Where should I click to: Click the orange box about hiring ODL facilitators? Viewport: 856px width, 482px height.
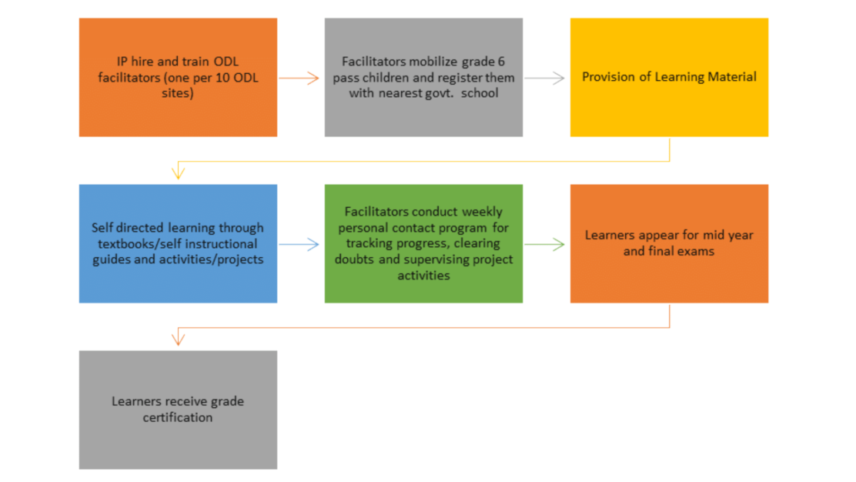(x=178, y=78)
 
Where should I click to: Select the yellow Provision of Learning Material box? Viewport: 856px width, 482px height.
(x=669, y=78)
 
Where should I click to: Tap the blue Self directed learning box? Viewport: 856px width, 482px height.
(x=178, y=243)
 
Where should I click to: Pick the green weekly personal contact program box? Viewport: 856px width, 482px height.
(x=423, y=243)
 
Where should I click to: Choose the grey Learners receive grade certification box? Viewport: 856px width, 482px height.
(x=178, y=410)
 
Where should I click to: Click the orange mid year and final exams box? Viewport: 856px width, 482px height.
(x=669, y=243)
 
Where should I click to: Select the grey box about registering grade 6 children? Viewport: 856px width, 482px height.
(x=423, y=78)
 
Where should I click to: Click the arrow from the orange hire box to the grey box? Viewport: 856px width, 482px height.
(x=299, y=78)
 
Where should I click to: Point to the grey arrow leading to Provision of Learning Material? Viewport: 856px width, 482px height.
(x=545, y=78)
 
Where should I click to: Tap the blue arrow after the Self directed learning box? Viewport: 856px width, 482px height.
(x=299, y=244)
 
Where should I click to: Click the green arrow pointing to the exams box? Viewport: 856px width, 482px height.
(x=545, y=244)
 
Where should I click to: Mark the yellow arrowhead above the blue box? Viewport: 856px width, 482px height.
(x=178, y=173)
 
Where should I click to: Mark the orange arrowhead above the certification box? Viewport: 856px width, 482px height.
(x=178, y=339)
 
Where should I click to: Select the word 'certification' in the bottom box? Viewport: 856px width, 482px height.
(x=178, y=417)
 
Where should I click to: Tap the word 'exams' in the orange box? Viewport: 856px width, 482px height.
(x=697, y=252)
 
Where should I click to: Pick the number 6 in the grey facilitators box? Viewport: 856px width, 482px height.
(x=501, y=62)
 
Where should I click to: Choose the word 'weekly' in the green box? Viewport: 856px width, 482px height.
(x=482, y=213)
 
